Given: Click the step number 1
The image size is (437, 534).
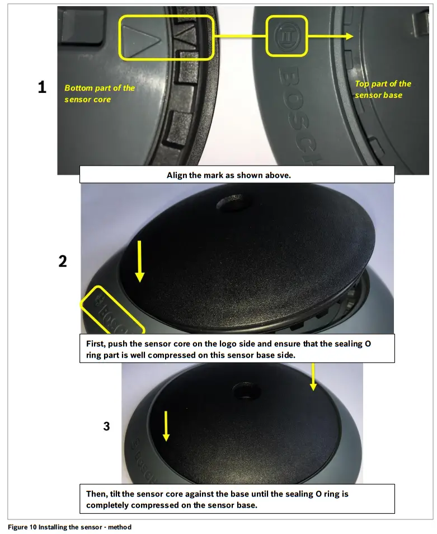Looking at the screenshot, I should (x=42, y=87).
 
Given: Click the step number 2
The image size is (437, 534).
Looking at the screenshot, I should (x=63, y=261).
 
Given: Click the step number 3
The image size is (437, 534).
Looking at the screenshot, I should (x=106, y=426).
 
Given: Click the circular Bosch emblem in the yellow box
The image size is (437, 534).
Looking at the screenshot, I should (x=286, y=36).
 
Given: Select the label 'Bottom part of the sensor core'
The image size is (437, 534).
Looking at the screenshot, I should (x=99, y=93).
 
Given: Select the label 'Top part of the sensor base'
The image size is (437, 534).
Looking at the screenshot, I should (x=383, y=89).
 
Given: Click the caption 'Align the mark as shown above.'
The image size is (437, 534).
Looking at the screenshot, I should (x=236, y=175).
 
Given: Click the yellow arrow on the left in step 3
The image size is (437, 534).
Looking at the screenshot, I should (x=165, y=424).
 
